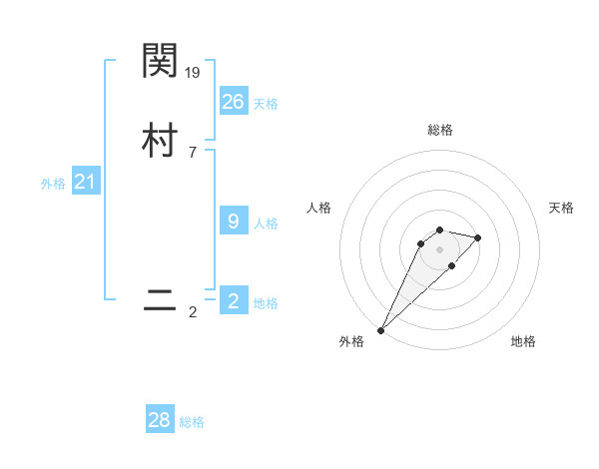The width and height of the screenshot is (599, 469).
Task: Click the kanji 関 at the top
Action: click(x=161, y=62)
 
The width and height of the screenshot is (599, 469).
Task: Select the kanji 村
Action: click(x=161, y=141)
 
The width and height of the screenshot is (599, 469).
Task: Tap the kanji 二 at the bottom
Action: click(x=161, y=300)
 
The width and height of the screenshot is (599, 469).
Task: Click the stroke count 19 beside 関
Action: click(x=194, y=73)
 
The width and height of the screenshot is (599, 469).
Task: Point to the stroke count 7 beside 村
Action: click(x=193, y=153)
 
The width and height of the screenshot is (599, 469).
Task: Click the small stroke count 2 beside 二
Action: click(x=193, y=312)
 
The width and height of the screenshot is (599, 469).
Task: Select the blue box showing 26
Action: click(x=234, y=102)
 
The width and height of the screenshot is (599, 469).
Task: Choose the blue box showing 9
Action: click(x=234, y=222)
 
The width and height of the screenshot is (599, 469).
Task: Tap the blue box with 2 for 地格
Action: click(x=234, y=301)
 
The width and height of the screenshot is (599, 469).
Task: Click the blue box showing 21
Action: click(x=85, y=182)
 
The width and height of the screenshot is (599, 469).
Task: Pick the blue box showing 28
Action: click(x=160, y=420)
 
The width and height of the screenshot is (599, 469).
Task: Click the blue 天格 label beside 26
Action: click(x=266, y=104)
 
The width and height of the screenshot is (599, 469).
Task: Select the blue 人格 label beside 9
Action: click(x=266, y=224)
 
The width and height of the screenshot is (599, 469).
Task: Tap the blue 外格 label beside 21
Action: click(x=53, y=184)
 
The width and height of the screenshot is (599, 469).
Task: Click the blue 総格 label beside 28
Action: click(x=192, y=422)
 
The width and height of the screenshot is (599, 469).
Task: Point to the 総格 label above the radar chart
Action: click(x=439, y=130)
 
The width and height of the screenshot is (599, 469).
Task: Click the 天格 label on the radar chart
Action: click(x=561, y=208)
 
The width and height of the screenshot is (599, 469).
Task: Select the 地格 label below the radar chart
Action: click(x=523, y=341)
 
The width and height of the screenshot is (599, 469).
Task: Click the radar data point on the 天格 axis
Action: click(x=478, y=237)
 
